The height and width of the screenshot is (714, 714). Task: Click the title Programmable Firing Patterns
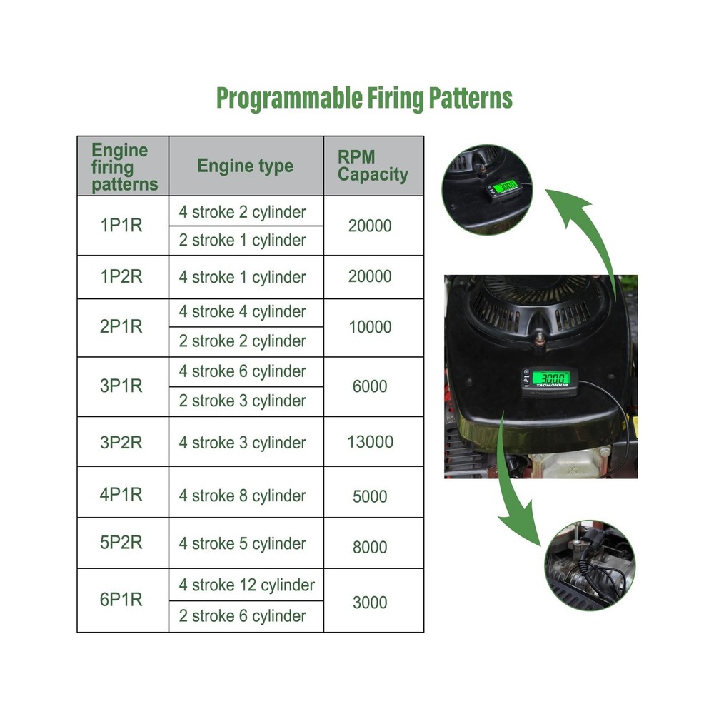(x=364, y=99)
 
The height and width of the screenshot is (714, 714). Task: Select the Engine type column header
(x=246, y=166)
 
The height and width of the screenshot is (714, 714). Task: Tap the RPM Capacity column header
(x=373, y=166)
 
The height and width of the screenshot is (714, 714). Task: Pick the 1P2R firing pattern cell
(x=121, y=276)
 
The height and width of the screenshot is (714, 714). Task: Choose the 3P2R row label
(x=121, y=442)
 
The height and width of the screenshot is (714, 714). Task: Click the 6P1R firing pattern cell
(x=121, y=600)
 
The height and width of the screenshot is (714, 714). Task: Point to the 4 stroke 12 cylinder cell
(x=246, y=585)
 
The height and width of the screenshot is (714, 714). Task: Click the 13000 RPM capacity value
(x=370, y=442)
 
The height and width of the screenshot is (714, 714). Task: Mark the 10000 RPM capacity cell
(x=370, y=327)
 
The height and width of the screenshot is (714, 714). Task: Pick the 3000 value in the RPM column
(x=370, y=603)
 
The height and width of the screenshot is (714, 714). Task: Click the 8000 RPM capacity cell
(x=370, y=547)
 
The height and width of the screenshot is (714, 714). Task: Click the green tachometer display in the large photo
(x=551, y=378)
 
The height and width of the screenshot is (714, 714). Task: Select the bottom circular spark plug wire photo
(x=590, y=565)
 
